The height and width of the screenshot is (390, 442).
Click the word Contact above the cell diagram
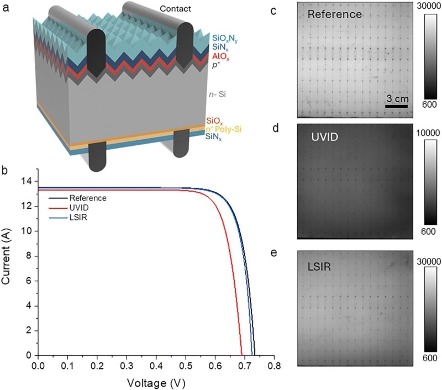[x=176, y=9]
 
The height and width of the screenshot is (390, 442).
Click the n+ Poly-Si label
[x=224, y=129]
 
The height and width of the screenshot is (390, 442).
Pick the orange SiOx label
[x=215, y=121]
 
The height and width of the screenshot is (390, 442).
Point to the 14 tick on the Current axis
[x=26, y=181]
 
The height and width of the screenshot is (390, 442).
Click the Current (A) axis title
[x=8, y=268]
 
